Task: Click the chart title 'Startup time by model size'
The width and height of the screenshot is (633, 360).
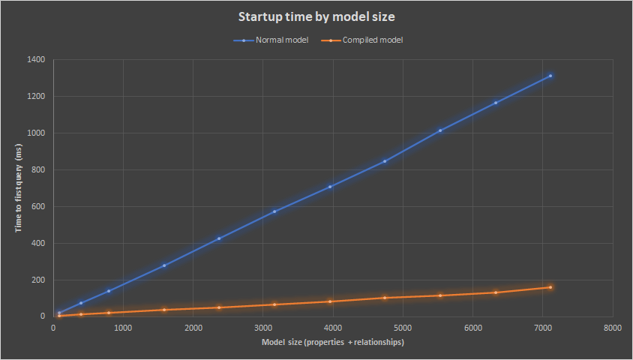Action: [x=316, y=16]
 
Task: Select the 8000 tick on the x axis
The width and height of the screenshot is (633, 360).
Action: [x=613, y=328]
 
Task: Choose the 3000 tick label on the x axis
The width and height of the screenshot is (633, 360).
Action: [x=263, y=328]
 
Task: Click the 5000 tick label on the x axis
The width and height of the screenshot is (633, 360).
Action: [x=403, y=328]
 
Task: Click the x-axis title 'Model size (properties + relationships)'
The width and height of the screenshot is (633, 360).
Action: [x=333, y=343]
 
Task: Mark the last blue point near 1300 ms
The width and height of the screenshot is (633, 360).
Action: [x=550, y=76]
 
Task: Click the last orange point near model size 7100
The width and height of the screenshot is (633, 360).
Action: [x=550, y=287]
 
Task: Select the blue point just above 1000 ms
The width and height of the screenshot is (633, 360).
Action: [x=440, y=130]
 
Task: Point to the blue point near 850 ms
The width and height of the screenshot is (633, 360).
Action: [x=385, y=161]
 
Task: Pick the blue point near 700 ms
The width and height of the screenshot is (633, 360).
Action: [x=330, y=187]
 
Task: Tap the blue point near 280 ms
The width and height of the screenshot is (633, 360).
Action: [x=164, y=265]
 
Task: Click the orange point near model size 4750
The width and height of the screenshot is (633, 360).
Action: [x=385, y=298]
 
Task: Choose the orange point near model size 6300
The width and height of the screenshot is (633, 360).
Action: [x=496, y=292]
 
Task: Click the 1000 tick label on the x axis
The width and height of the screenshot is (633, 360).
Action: [x=124, y=328]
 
